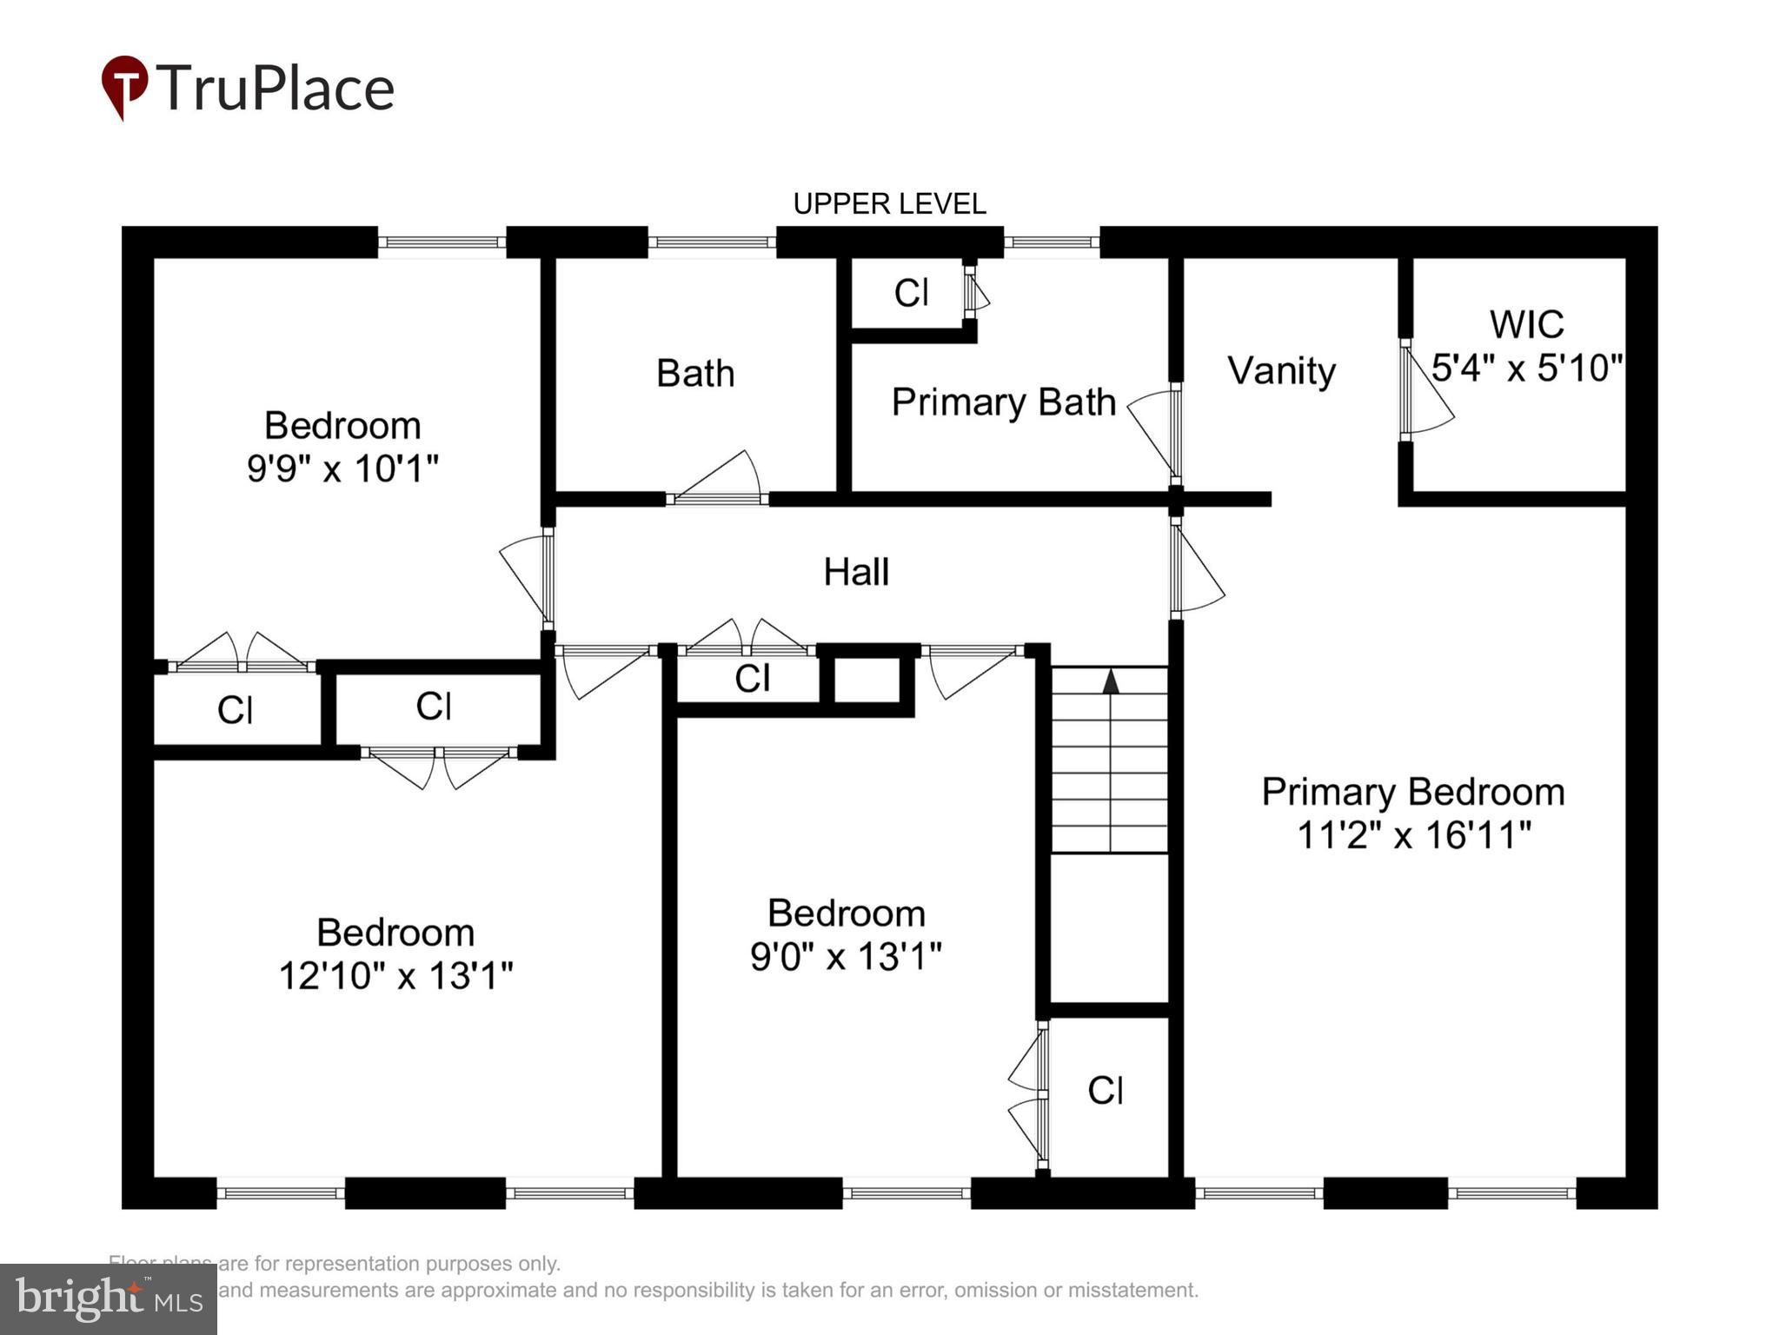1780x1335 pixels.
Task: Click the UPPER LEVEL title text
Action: click(889, 204)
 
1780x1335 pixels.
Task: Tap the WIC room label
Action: click(1526, 325)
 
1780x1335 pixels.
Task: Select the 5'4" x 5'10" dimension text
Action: click(1527, 368)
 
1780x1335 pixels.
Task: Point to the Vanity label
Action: click(1281, 371)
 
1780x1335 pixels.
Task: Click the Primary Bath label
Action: click(1003, 402)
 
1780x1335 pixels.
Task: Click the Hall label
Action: click(856, 572)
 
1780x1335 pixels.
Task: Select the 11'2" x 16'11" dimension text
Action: click(1413, 835)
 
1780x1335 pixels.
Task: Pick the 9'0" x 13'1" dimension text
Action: click(846, 957)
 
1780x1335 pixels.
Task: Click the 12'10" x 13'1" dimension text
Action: click(395, 976)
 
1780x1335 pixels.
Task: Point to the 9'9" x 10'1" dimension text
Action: click(342, 468)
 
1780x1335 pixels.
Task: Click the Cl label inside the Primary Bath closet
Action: click(911, 294)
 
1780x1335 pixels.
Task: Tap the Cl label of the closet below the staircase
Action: click(1106, 1090)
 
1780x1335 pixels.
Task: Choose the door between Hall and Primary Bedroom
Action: click(1195, 569)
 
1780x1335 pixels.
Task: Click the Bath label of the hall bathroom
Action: click(695, 374)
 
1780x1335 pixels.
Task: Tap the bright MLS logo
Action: click(109, 1299)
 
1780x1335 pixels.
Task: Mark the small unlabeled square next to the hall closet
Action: click(866, 681)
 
